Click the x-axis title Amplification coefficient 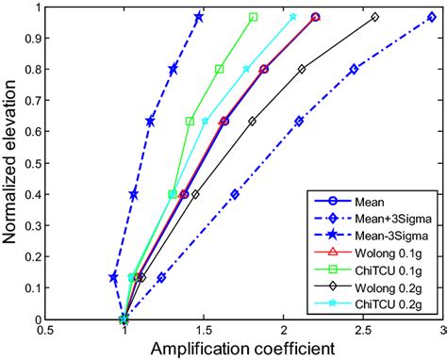241,349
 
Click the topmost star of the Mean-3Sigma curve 199,17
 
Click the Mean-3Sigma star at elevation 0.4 134,194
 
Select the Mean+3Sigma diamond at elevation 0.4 235,194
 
